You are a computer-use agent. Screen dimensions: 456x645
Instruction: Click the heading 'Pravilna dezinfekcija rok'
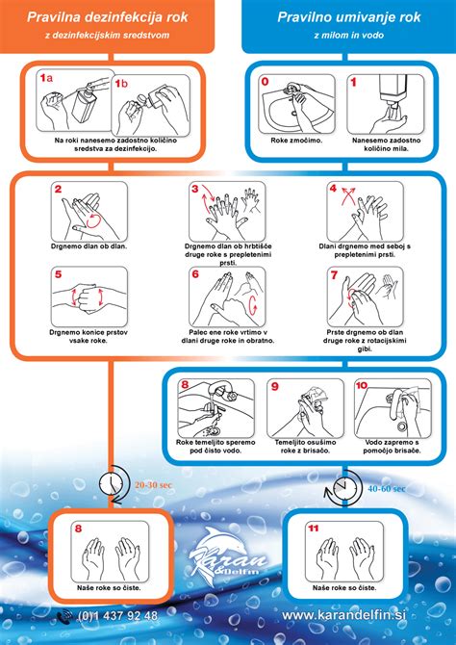(x=108, y=17)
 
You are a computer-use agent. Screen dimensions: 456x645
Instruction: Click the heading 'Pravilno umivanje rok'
(x=348, y=17)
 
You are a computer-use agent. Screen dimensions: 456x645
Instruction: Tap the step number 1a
(x=46, y=78)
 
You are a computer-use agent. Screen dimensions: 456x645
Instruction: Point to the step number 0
(x=266, y=82)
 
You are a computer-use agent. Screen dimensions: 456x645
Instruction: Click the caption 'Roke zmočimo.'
(x=296, y=141)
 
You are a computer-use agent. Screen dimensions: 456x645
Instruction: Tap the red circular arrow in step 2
(x=94, y=220)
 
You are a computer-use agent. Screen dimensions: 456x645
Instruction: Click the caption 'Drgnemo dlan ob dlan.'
(x=89, y=246)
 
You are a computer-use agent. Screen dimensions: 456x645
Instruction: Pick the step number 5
(x=59, y=274)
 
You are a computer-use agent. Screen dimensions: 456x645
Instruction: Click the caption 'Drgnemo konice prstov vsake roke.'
(x=89, y=336)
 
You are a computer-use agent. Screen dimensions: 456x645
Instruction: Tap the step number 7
(x=334, y=274)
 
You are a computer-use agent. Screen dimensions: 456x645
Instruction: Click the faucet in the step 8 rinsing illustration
(x=223, y=390)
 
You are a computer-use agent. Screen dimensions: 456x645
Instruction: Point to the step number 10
(x=362, y=385)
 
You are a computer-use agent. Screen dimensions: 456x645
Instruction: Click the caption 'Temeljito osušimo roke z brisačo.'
(x=305, y=447)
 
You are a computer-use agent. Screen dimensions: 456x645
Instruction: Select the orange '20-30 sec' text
(x=153, y=485)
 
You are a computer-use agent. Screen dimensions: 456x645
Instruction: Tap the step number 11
(x=314, y=529)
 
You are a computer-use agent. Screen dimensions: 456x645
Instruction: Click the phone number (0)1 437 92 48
(x=117, y=616)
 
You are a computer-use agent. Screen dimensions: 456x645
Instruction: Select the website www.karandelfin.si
(x=343, y=615)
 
